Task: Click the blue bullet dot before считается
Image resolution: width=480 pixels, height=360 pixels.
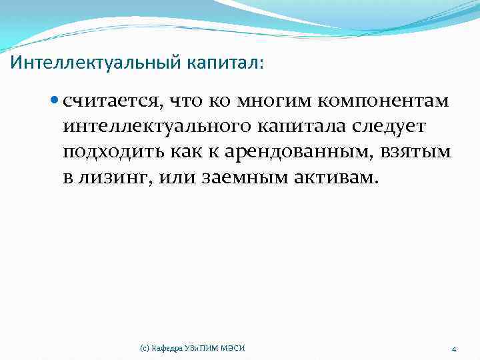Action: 55,101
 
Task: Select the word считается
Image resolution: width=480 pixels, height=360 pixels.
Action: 111,101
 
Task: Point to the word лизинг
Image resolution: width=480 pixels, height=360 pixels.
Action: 117,177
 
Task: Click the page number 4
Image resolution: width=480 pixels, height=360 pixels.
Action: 453,349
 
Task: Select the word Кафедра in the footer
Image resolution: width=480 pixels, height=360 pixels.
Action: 167,348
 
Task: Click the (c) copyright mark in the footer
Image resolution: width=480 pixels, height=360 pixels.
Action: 144,348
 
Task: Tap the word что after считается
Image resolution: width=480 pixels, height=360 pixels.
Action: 184,101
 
